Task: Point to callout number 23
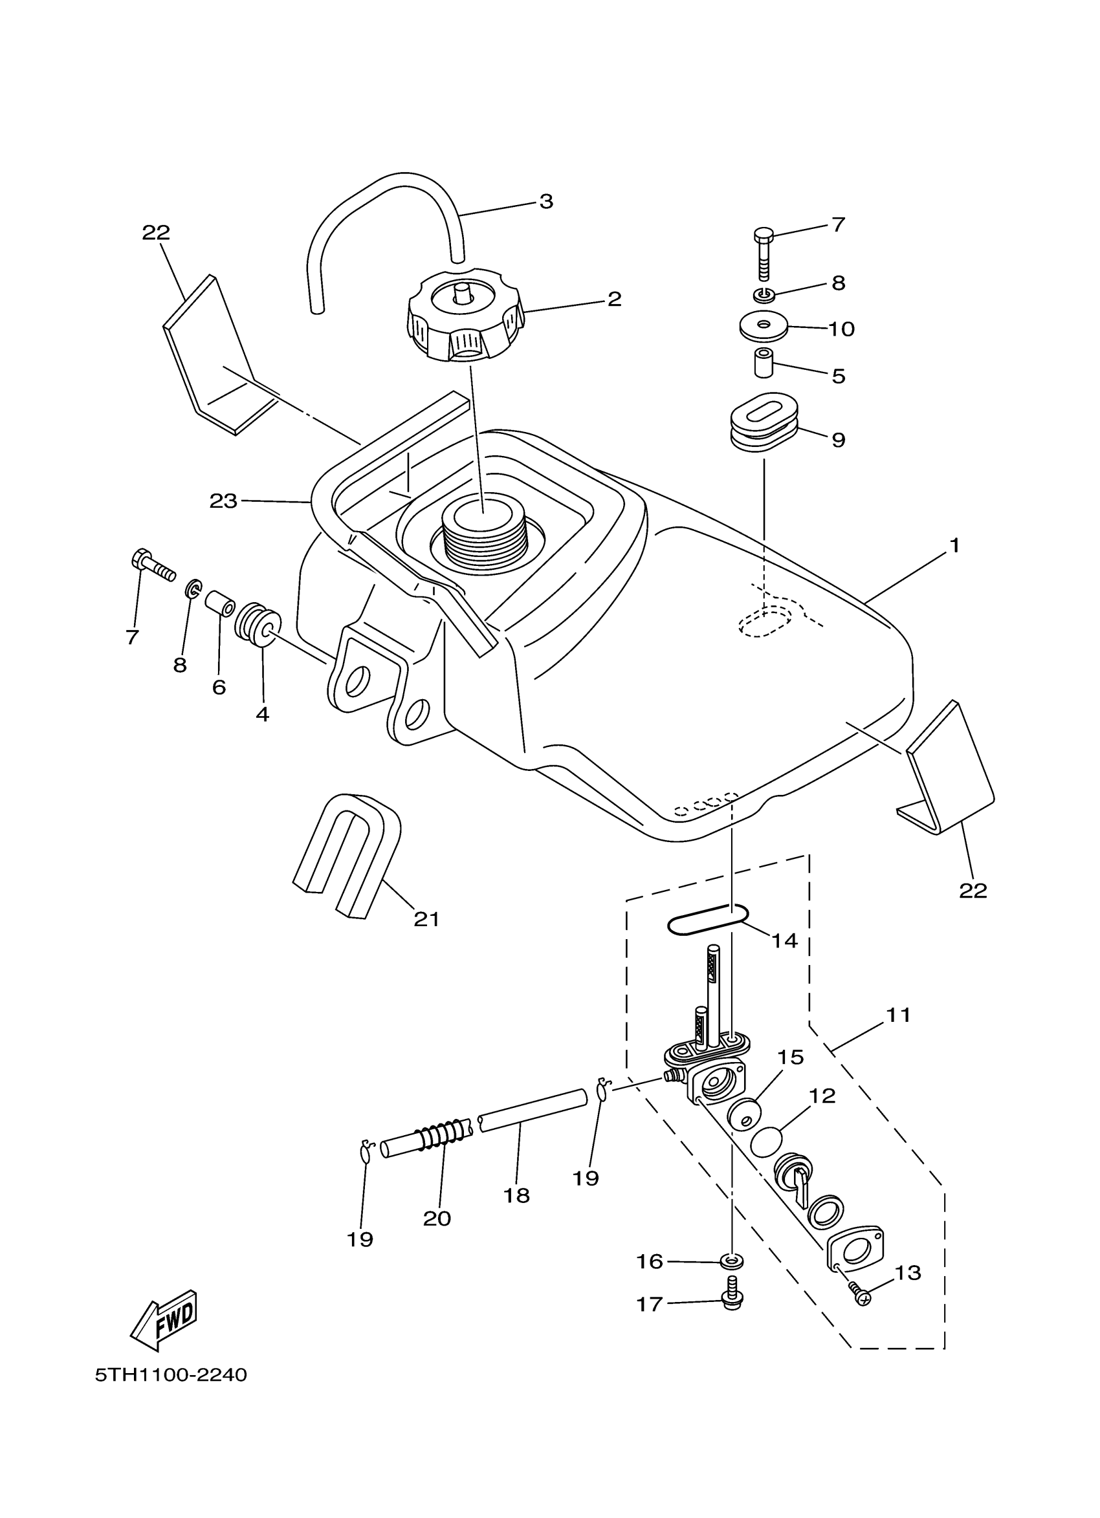[x=223, y=501]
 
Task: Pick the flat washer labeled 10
[x=764, y=326]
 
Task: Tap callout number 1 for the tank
[x=954, y=546]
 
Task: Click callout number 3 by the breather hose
[x=546, y=201]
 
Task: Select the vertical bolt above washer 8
[x=764, y=254]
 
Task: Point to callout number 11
[x=899, y=1015]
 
